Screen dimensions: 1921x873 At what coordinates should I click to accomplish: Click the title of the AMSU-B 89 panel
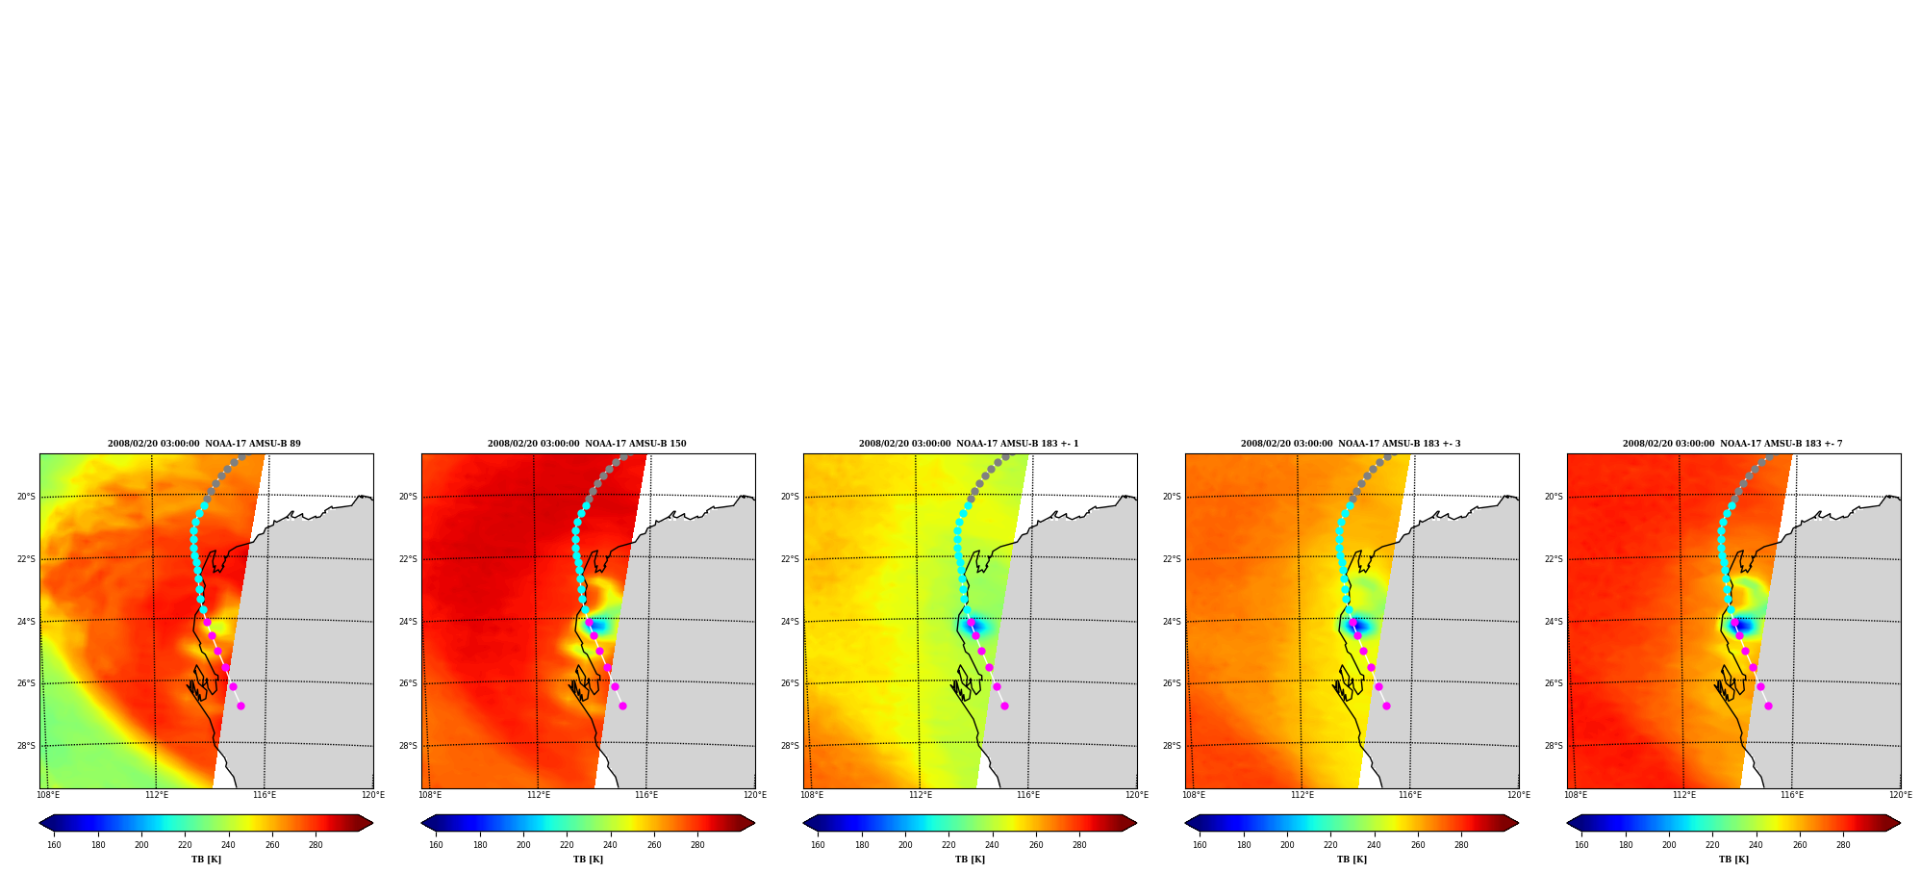point(204,444)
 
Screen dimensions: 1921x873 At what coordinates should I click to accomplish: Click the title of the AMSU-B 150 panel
point(587,444)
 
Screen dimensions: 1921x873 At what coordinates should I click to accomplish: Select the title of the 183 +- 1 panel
point(969,444)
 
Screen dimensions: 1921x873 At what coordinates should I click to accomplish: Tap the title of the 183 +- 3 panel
point(1351,444)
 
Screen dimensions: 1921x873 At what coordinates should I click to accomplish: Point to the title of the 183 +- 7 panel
point(1732,444)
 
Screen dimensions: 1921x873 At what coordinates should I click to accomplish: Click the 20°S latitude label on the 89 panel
point(26,497)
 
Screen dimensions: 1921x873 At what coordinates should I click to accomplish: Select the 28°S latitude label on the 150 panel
point(408,746)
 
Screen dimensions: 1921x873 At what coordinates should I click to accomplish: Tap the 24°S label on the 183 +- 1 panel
point(790,622)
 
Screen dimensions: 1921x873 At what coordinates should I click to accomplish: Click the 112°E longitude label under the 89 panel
point(156,795)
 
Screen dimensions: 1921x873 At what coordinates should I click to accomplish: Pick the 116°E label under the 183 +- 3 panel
point(1410,795)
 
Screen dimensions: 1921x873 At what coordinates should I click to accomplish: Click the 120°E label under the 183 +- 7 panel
point(1900,795)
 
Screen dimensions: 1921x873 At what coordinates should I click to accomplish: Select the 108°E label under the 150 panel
point(430,795)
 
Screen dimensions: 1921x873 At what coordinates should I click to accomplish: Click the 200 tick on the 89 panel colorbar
point(141,845)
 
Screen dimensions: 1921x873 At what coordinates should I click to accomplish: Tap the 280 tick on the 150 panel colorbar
point(697,845)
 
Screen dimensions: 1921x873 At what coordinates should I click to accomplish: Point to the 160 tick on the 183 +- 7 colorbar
point(1581,845)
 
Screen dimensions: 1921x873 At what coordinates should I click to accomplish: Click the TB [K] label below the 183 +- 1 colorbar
point(970,860)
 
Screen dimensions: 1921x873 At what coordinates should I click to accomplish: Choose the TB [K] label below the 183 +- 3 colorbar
point(1352,860)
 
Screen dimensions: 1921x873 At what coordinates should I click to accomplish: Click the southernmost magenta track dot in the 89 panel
point(240,706)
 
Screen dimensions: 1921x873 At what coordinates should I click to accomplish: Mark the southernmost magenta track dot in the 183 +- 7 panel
point(1768,706)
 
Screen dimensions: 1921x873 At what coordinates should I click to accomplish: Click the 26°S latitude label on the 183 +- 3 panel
point(1172,683)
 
